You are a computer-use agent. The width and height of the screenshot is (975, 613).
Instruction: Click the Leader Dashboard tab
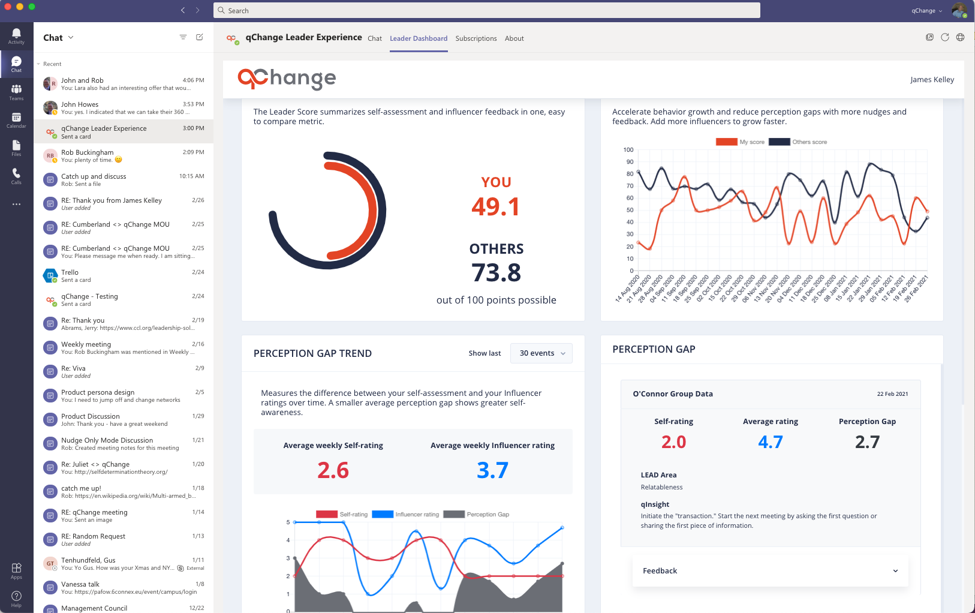[x=419, y=38]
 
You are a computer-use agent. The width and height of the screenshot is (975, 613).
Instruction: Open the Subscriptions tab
[x=476, y=38]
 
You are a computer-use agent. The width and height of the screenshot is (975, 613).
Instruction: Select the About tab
[x=514, y=38]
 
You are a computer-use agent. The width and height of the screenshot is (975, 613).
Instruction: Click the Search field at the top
[x=487, y=10]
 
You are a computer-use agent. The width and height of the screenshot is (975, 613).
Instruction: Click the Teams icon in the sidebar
[x=16, y=92]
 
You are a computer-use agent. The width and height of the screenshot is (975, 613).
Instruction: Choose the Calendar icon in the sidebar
[x=16, y=120]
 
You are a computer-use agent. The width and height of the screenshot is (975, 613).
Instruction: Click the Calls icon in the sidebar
[x=16, y=176]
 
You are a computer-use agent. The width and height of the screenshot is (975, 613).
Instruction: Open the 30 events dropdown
[x=541, y=353]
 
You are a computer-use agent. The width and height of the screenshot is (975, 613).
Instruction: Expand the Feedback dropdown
[x=770, y=571]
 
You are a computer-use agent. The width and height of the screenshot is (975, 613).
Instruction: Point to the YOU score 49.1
[x=496, y=207]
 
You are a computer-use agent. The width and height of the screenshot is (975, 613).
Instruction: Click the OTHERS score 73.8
[x=496, y=273]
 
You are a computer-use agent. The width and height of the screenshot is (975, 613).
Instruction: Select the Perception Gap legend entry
[x=476, y=515]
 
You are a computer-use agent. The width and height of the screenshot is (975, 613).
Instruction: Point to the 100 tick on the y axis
[x=628, y=150]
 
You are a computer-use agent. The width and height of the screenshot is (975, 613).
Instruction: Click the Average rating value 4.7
[x=771, y=442]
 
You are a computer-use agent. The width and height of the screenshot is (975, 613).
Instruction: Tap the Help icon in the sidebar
[x=16, y=597]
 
